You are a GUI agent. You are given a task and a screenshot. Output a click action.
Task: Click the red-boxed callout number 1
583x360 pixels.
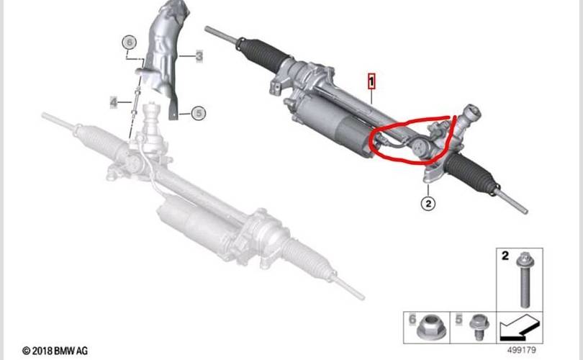point(371,82)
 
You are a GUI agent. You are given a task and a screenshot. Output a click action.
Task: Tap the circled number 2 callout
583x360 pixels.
point(428,204)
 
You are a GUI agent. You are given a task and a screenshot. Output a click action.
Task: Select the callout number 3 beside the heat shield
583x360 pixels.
point(199,56)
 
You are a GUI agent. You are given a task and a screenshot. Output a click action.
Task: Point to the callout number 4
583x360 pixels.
point(114,102)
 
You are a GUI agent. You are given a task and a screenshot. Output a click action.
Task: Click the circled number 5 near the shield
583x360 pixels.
point(199,113)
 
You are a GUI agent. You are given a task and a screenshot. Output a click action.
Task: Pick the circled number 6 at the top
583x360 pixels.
point(129,42)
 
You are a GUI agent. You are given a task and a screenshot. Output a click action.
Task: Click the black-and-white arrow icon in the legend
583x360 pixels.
point(519,328)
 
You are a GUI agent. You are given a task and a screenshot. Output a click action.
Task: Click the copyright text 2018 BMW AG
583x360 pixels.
point(55,351)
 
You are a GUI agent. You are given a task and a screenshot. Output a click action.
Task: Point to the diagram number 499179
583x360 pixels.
point(522,350)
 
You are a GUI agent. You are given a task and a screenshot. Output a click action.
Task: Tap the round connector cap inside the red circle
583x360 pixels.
point(420,146)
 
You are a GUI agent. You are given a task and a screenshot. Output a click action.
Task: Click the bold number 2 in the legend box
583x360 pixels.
point(505,256)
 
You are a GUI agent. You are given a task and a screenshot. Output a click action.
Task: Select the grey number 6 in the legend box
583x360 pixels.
point(412,319)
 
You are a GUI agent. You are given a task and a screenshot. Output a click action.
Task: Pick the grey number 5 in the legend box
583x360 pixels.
point(458,319)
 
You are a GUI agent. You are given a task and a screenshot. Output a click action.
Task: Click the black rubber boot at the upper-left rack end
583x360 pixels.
point(263,54)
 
